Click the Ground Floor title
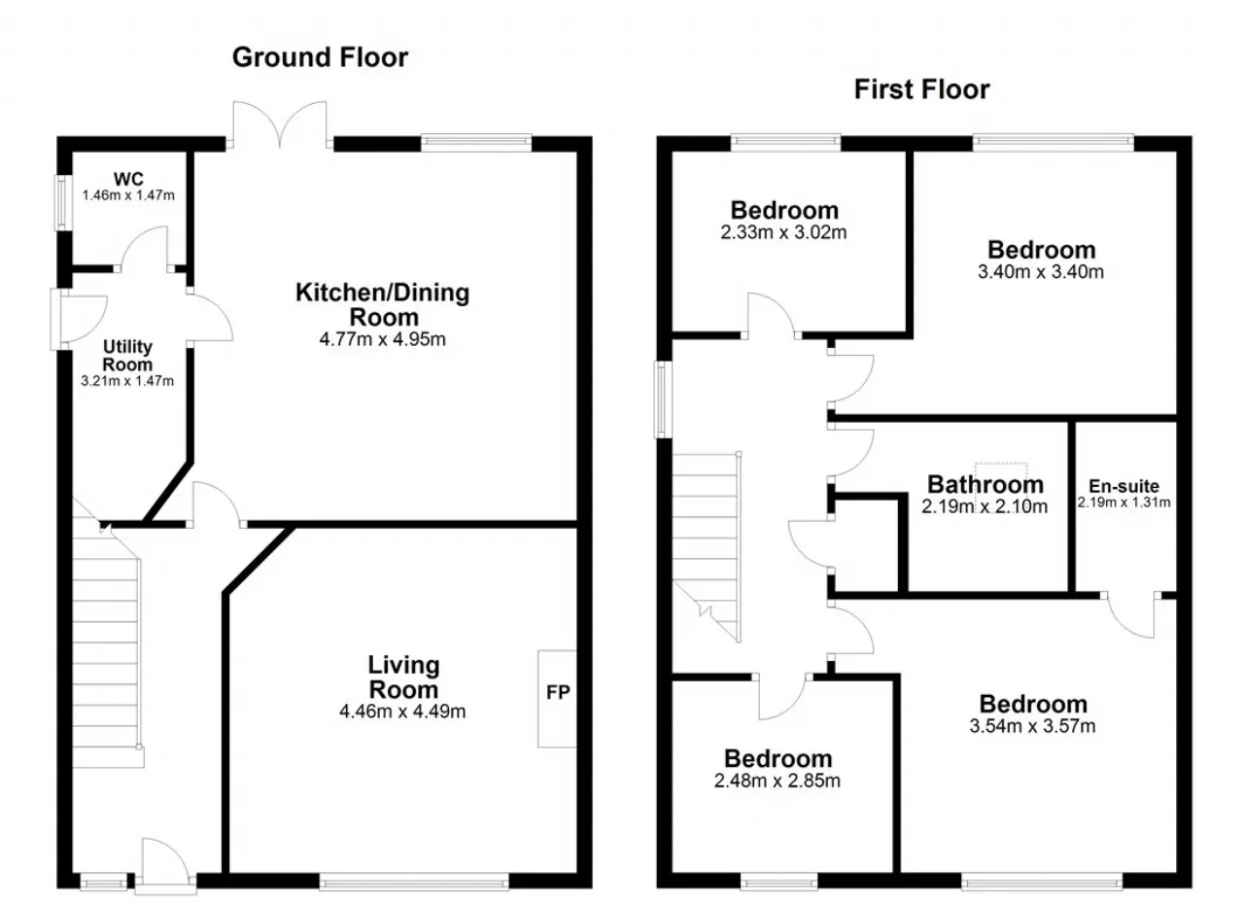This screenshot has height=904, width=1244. pyautogui.click(x=320, y=57)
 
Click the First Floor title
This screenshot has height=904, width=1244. pyautogui.click(x=921, y=89)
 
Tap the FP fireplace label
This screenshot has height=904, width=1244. pyautogui.click(x=558, y=692)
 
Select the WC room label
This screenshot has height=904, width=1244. pyautogui.click(x=128, y=179)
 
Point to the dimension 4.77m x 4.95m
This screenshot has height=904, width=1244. pyautogui.click(x=382, y=338)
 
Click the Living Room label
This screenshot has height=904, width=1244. pyautogui.click(x=403, y=677)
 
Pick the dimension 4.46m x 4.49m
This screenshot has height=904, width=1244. pyautogui.click(x=402, y=712)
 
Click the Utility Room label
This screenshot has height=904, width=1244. pyautogui.click(x=127, y=356)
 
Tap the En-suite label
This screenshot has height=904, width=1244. pyautogui.click(x=1123, y=486)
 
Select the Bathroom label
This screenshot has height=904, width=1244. pyautogui.click(x=985, y=484)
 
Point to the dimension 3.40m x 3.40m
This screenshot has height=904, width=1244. pyautogui.click(x=1040, y=272)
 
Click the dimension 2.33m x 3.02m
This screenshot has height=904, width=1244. pyautogui.click(x=783, y=232)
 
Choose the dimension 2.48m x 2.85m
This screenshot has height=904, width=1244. pyautogui.click(x=777, y=781)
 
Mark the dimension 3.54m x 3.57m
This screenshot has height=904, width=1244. pyautogui.click(x=1032, y=726)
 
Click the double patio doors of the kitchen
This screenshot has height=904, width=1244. pyautogui.click(x=279, y=125)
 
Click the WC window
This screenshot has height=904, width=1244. pyautogui.click(x=63, y=203)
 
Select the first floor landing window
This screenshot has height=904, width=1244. pyautogui.click(x=663, y=400)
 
